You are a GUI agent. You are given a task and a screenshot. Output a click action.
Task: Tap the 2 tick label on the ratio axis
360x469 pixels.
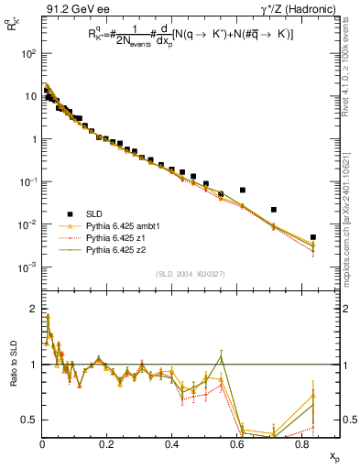[32, 309]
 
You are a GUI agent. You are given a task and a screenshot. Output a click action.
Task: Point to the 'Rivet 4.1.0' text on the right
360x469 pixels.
[351, 73]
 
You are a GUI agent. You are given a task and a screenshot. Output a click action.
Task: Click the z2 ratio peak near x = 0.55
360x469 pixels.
[221, 354]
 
